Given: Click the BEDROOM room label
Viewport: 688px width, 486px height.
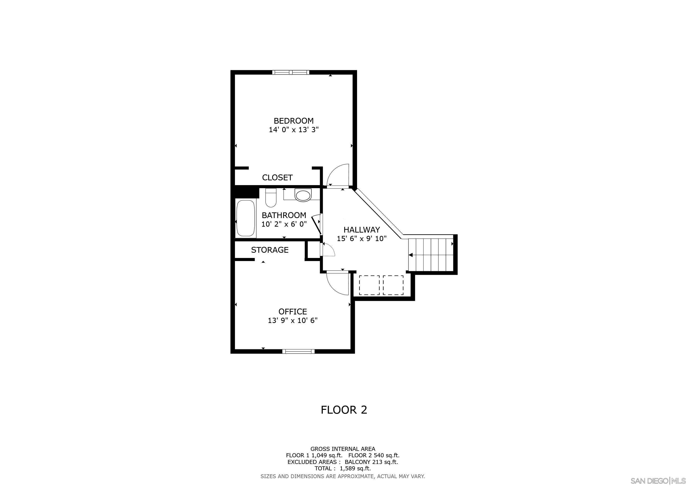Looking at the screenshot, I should click(x=293, y=121).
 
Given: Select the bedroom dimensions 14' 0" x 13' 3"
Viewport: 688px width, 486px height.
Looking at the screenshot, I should click(x=293, y=130).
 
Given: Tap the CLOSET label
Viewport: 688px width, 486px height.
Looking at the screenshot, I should click(x=277, y=178).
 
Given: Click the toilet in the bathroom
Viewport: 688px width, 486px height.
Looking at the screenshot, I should click(x=271, y=198).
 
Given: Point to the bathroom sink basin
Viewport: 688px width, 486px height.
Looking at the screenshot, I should click(x=303, y=195).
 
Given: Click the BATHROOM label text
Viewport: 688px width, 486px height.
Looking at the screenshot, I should click(x=284, y=215).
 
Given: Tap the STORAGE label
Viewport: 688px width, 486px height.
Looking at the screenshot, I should click(x=270, y=250).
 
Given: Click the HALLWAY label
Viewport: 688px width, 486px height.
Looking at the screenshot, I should click(x=361, y=230).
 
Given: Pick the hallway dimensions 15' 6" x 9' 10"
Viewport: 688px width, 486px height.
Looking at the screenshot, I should click(x=362, y=239).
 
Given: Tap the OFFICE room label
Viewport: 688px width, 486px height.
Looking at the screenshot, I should click(x=292, y=312).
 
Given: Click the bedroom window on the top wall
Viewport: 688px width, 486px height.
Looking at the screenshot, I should click(x=290, y=72).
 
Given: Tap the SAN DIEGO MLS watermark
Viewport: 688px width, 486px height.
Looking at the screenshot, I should click(x=659, y=481).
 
